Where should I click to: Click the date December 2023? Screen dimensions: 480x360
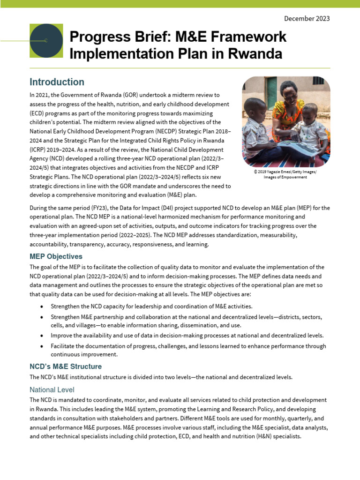[x=307, y=19]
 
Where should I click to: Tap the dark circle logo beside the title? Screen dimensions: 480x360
[x=46, y=41]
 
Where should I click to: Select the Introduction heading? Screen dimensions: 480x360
[x=57, y=82]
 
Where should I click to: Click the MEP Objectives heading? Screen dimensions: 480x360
[x=56, y=256]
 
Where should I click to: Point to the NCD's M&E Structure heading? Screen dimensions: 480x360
[x=65, y=366]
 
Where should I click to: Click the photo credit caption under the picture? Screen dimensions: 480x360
[x=285, y=174]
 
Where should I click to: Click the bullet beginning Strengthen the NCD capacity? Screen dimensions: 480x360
[x=146, y=306]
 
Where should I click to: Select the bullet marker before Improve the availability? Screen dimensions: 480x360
[x=42, y=335]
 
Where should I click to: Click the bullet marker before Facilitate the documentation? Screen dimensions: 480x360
[x=42, y=346]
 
